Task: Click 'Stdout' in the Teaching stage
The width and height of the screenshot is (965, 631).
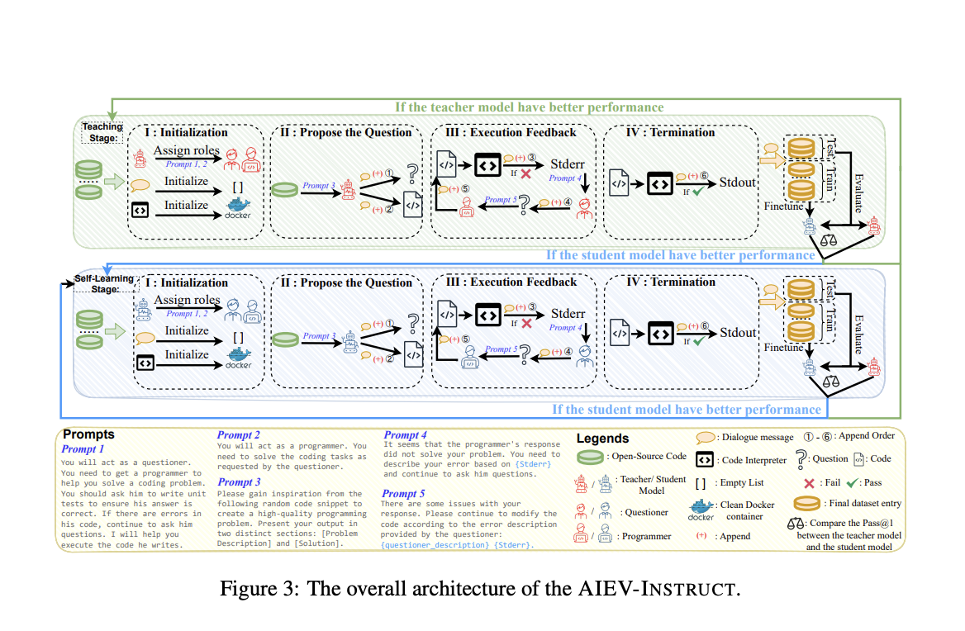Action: tap(738, 182)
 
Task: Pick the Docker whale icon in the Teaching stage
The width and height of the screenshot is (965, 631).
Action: tap(238, 206)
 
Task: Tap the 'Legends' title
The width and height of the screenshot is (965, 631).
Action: tap(602, 439)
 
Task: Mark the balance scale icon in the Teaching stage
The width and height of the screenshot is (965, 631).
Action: tap(826, 240)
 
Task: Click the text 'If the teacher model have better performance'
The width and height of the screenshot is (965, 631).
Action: tap(530, 107)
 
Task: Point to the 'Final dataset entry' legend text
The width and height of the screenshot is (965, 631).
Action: tap(863, 503)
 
